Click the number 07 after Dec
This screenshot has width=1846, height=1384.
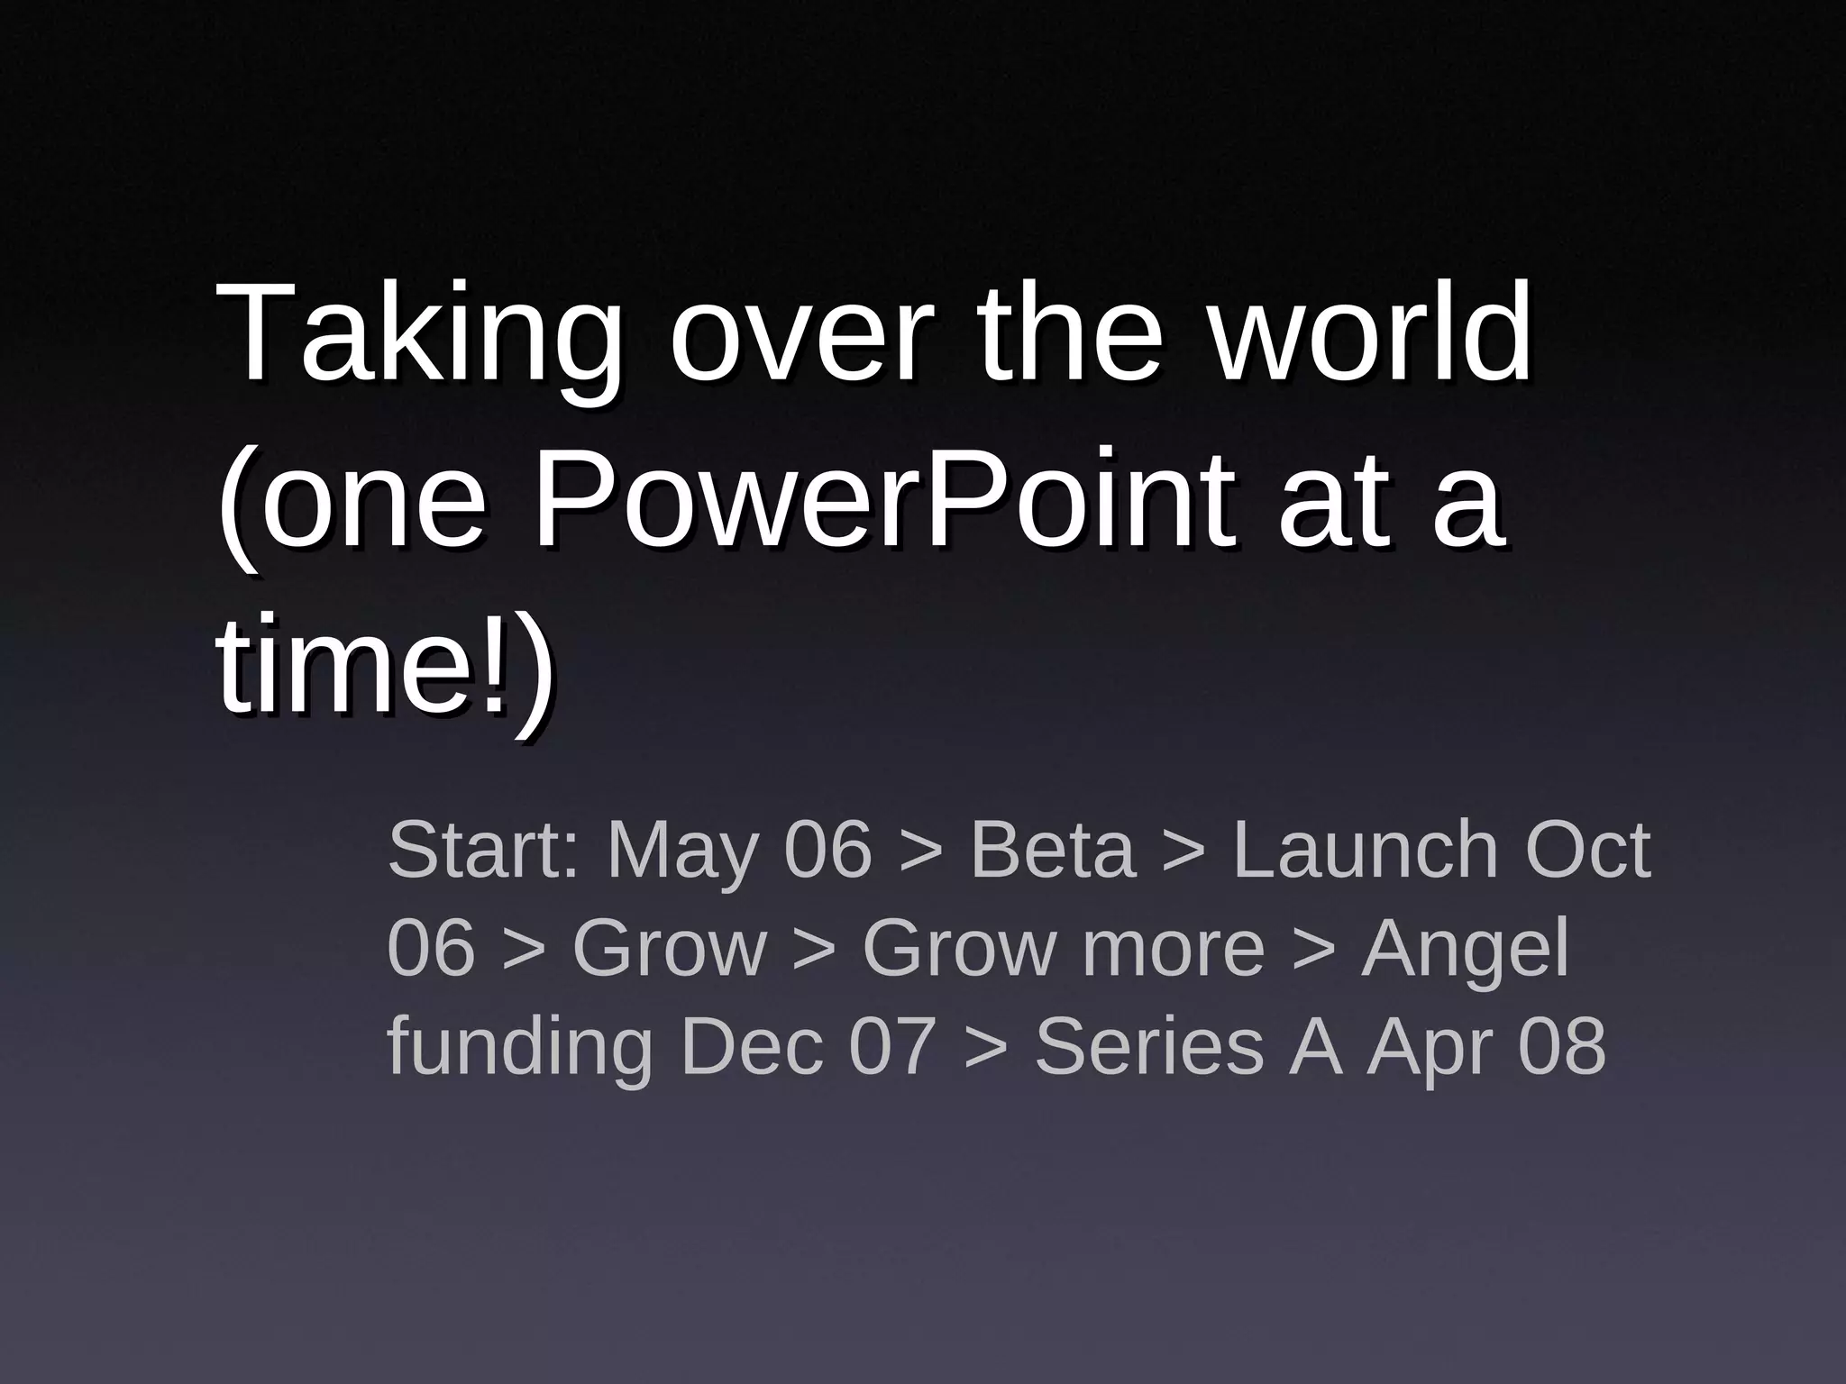pyautogui.click(x=893, y=1046)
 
